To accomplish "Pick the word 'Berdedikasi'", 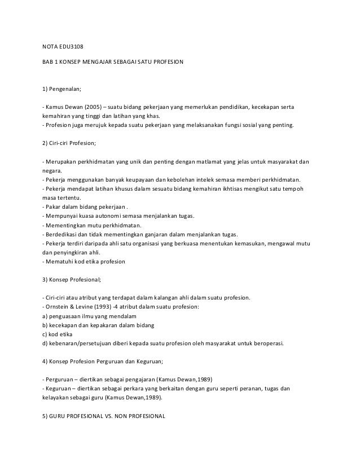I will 63,235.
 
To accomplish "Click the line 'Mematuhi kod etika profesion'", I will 85,262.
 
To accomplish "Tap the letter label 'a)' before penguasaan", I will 45,316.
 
